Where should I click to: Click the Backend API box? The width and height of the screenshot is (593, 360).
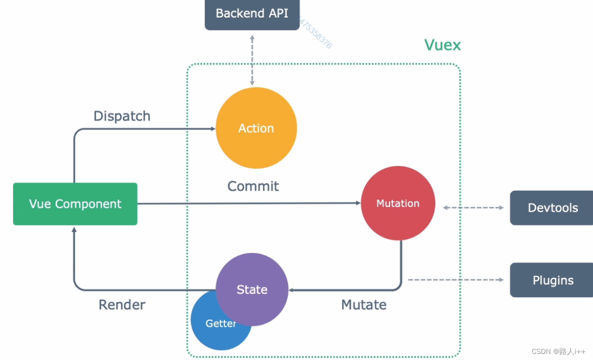pyautogui.click(x=252, y=14)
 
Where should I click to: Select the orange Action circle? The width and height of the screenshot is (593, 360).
pyautogui.click(x=256, y=128)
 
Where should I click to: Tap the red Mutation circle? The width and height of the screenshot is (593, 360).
pyautogui.click(x=398, y=203)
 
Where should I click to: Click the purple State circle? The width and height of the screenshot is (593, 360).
pyautogui.click(x=252, y=290)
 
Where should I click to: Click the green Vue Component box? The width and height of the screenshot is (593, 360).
pyautogui.click(x=75, y=204)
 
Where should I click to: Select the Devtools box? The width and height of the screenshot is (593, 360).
pyautogui.click(x=552, y=208)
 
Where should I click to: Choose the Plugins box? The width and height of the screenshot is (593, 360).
pyautogui.click(x=552, y=280)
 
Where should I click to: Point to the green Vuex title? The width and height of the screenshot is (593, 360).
pyautogui.click(x=442, y=45)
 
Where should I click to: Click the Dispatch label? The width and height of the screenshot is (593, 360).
pyautogui.click(x=122, y=116)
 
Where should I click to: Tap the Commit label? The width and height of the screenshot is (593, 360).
pyautogui.click(x=253, y=186)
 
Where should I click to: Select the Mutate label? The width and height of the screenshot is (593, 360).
pyautogui.click(x=364, y=305)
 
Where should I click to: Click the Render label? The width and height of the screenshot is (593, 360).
pyautogui.click(x=122, y=305)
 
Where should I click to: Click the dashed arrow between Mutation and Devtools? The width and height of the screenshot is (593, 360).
pyautogui.click(x=473, y=207)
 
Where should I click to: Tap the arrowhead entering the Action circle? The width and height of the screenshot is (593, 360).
pyautogui.click(x=212, y=129)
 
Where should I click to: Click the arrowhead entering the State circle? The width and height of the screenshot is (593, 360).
pyautogui.click(x=292, y=290)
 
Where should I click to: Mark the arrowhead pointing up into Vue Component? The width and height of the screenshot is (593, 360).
pyautogui.click(x=74, y=229)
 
